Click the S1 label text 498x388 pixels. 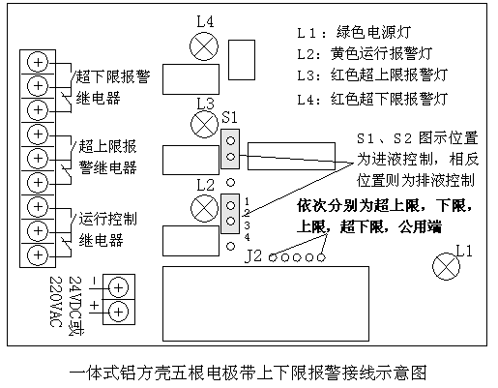pyautogui.click(x=229, y=117)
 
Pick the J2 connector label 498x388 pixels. pyautogui.click(x=253, y=256)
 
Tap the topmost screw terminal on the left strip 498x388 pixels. pyautogui.click(x=38, y=62)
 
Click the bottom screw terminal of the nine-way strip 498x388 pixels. pyautogui.click(x=38, y=255)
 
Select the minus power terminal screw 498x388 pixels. pyautogui.click(x=118, y=287)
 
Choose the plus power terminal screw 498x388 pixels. pyautogui.click(x=118, y=312)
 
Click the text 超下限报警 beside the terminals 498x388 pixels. pyautogui.click(x=113, y=76)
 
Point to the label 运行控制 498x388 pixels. pyautogui.click(x=108, y=219)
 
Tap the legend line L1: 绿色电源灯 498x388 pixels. pyautogui.click(x=354, y=32)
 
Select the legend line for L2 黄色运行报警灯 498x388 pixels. pyautogui.click(x=365, y=53)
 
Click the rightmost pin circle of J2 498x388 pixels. pyautogui.click(x=321, y=257)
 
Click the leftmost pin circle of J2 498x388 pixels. pyautogui.click(x=273, y=257)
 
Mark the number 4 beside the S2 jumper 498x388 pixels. pyautogui.click(x=247, y=237)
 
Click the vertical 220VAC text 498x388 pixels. pyautogui.click(x=55, y=301)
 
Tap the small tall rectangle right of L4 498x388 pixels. pyautogui.click(x=242, y=60)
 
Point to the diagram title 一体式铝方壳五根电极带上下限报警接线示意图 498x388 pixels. pyautogui.click(x=249, y=373)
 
